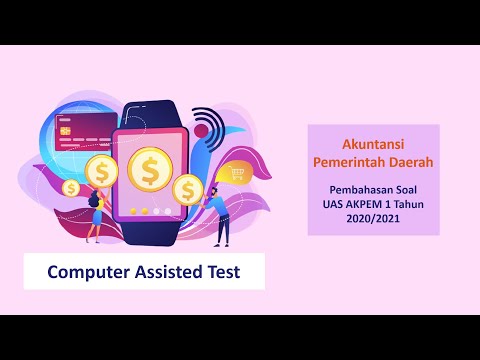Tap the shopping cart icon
click(238, 173)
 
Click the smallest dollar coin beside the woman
click(71, 187)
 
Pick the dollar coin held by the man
click(186, 188)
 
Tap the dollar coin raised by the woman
click(101, 171)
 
